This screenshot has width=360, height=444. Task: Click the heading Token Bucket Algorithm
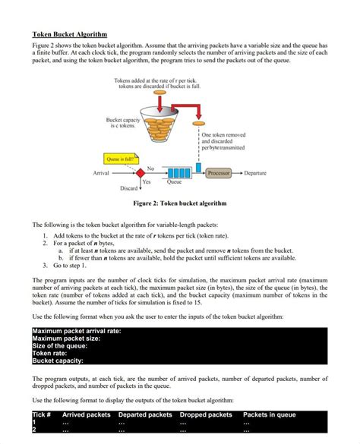click(69, 35)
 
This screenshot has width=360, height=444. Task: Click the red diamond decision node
click(141, 173)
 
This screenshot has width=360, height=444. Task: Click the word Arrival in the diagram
click(103, 174)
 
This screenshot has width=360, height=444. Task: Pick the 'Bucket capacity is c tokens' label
click(122, 123)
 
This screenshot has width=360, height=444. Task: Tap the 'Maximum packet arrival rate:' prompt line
click(77, 331)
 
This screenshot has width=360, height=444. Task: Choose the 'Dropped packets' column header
click(206, 414)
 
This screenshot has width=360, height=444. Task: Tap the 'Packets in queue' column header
click(270, 414)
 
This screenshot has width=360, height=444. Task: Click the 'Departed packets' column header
click(146, 414)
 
